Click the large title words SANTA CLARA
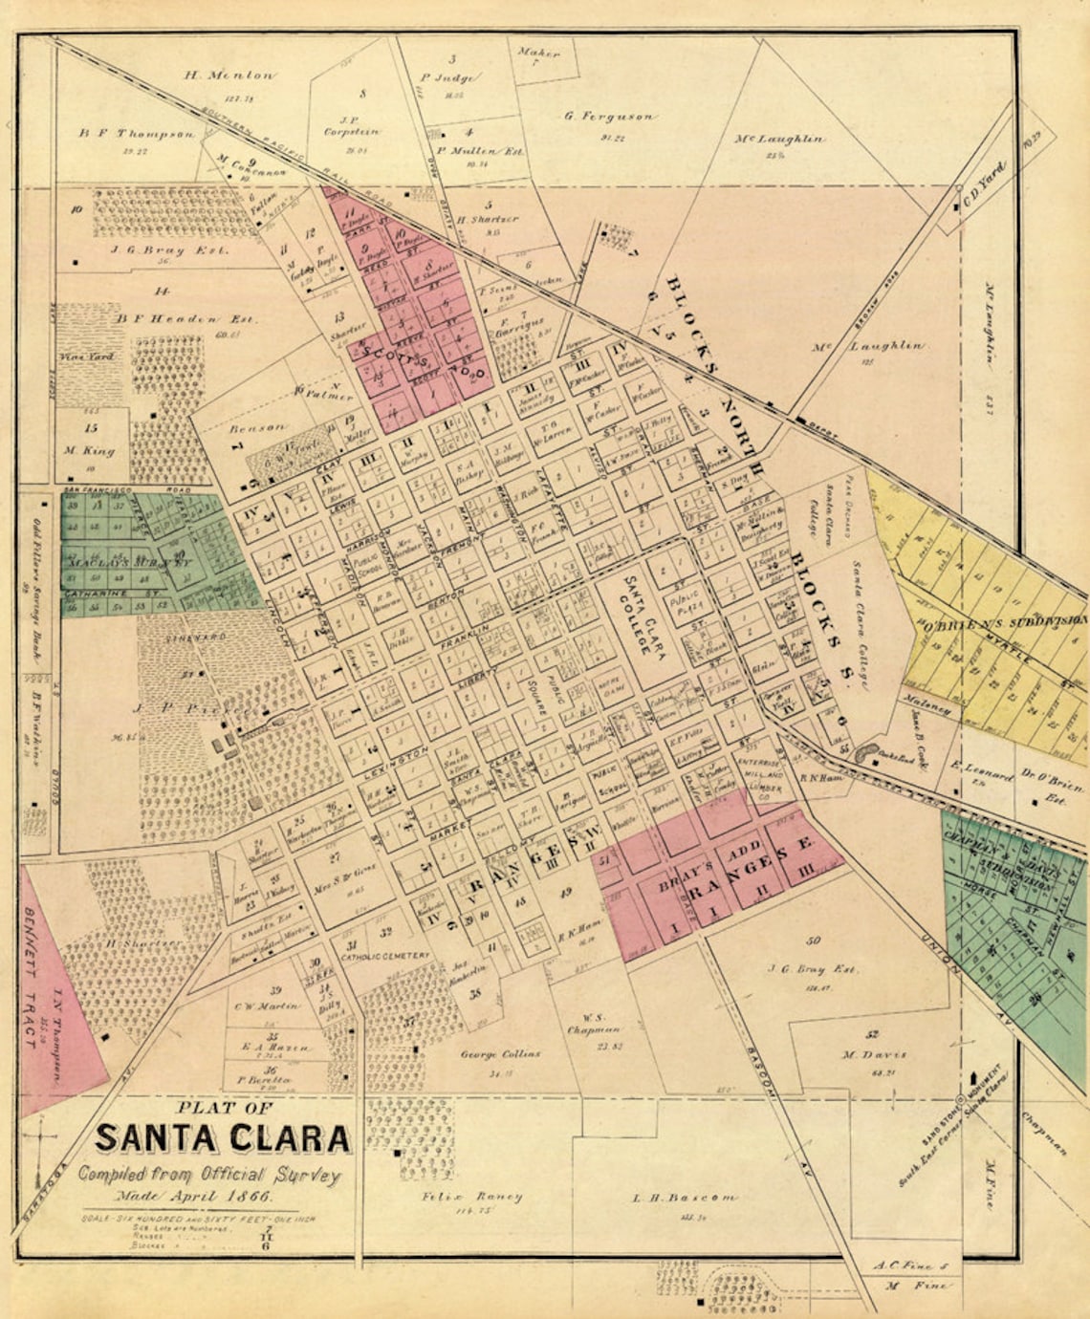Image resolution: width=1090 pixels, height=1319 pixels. (222, 1139)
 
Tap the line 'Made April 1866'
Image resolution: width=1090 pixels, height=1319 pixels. (195, 1196)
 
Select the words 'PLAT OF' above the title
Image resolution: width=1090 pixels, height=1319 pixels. (225, 1109)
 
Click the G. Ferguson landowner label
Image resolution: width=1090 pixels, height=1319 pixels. (609, 116)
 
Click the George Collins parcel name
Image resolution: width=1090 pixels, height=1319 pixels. (500, 1053)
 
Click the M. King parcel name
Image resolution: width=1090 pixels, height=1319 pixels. (90, 450)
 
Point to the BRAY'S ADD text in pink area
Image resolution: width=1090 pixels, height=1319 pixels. (708, 869)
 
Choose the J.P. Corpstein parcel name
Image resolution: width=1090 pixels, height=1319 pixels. (353, 131)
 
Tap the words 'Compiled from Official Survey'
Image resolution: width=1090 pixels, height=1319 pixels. (208, 1175)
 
